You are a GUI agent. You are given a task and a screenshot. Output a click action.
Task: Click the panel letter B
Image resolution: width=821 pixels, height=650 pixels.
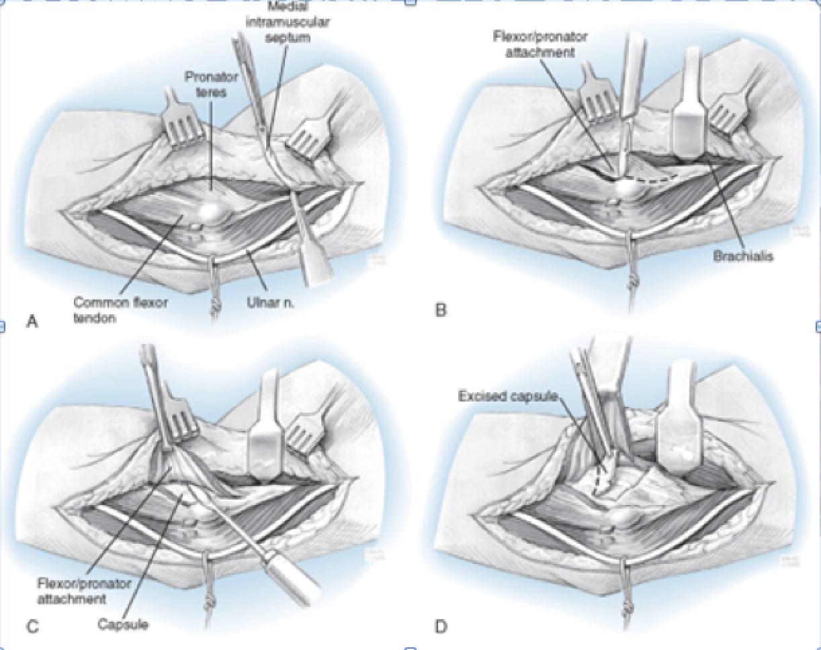(x=441, y=310)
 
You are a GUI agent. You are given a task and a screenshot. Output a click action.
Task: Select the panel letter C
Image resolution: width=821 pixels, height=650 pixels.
(x=31, y=628)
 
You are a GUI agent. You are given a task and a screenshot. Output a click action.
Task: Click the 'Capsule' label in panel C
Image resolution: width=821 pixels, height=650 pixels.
(x=123, y=625)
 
